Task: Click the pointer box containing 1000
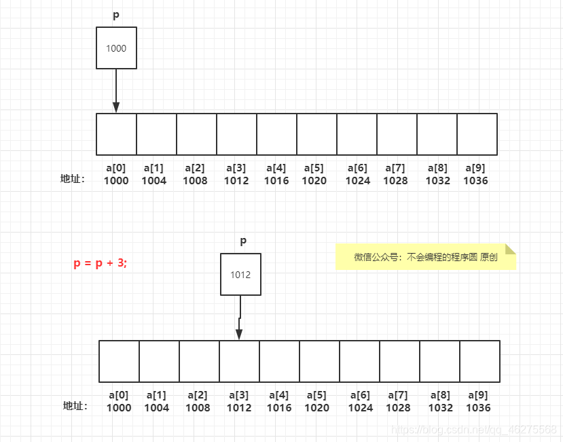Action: tap(116, 48)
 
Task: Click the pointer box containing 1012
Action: tap(240, 275)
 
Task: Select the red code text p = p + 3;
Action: tap(100, 263)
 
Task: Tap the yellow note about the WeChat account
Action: tap(426, 257)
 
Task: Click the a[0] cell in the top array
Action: tap(116, 134)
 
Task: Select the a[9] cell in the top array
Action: tap(477, 134)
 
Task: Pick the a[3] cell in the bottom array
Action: tap(239, 361)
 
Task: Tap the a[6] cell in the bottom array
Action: tap(359, 361)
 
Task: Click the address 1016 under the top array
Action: tap(276, 181)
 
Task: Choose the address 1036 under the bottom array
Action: tap(478, 408)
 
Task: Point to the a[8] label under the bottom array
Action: tap(440, 395)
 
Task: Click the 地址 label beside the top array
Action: tap(73, 180)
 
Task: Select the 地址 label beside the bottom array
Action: tap(75, 406)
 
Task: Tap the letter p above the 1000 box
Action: tap(116, 14)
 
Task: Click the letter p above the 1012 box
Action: tap(243, 241)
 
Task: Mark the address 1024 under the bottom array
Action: tap(360, 408)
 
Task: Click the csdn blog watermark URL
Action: tap(475, 430)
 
